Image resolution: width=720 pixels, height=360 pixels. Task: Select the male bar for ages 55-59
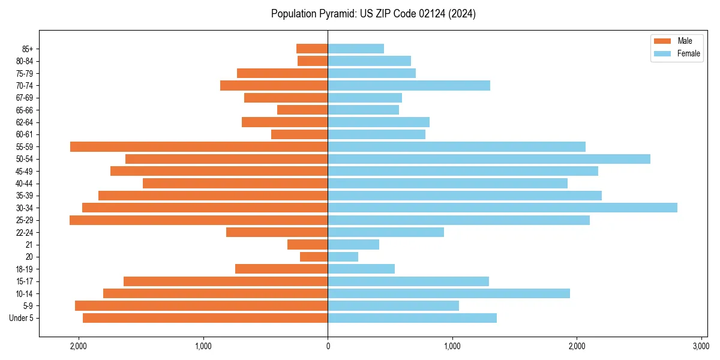199,146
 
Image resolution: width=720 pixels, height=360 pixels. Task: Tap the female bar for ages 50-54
489,159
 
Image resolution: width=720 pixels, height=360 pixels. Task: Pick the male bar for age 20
314,257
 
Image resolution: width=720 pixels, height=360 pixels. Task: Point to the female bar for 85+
356,49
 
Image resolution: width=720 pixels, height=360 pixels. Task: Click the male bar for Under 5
205,318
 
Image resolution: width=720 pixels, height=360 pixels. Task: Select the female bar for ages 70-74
409,85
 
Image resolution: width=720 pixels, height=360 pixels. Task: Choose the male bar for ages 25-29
199,220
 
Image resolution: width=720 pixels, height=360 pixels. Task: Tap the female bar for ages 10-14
449,293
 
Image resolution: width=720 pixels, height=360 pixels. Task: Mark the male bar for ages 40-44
235,183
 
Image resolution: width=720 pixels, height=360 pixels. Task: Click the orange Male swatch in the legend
662,41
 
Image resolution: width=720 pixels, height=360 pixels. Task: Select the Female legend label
688,53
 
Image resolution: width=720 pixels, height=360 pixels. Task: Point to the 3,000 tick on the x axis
701,346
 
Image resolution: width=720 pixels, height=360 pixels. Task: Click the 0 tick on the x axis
328,346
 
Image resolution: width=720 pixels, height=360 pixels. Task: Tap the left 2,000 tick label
79,346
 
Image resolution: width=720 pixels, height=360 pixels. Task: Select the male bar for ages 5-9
201,306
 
